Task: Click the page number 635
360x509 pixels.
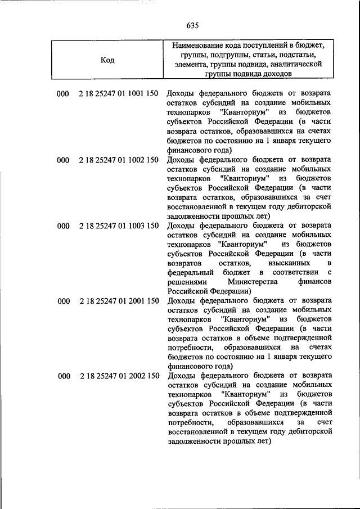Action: click(192, 26)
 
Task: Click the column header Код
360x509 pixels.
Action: click(107, 60)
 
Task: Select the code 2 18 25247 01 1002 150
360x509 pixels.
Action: click(119, 160)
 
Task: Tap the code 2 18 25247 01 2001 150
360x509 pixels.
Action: click(119, 301)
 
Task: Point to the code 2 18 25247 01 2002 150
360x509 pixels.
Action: click(119, 376)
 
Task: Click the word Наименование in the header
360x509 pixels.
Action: click(198, 44)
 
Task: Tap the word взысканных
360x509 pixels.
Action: click(278, 263)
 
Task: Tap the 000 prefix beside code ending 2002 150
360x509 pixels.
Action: click(62, 376)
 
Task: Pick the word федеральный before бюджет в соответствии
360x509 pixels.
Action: click(191, 273)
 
